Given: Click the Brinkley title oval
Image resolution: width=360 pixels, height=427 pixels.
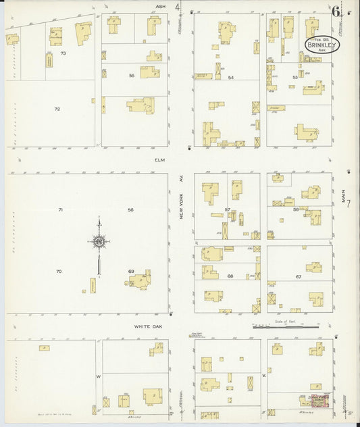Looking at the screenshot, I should pos(321,44).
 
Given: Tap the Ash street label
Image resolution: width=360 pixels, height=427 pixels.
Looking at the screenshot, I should pos(160,7).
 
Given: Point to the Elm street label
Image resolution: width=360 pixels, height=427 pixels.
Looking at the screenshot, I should pos(159,160).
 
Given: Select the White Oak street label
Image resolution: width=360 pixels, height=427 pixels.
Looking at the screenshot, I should pos(149,326).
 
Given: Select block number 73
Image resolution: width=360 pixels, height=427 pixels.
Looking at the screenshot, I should pos(63,53).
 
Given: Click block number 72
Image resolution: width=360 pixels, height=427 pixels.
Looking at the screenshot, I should pos(57,109).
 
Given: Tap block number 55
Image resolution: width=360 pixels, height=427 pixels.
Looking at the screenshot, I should pos(132,76).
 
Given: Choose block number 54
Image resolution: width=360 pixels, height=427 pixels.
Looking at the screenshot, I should pos(230,78).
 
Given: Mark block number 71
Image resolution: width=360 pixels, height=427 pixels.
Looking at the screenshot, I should pos(60,210).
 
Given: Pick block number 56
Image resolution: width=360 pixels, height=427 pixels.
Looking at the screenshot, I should pos(131,210).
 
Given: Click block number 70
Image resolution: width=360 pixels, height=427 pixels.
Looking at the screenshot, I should pos(59,272).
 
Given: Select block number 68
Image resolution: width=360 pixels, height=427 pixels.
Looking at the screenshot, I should pos(230,276).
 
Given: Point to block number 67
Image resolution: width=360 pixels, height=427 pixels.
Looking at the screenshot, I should pos(298,276).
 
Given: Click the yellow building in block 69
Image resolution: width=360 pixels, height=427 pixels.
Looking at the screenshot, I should pos(141,280).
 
